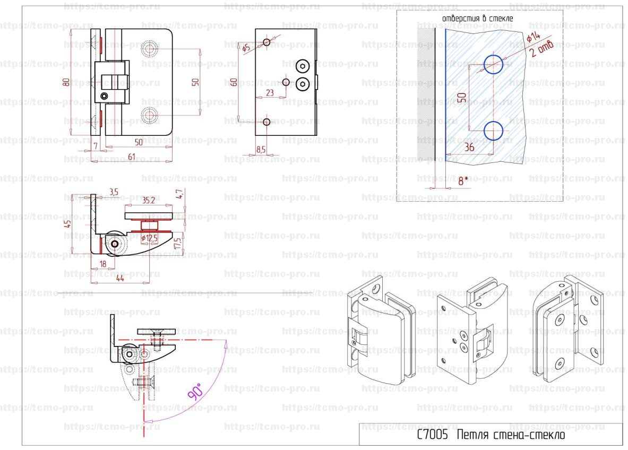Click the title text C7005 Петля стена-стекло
click(x=490, y=435)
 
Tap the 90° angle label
click(x=194, y=392)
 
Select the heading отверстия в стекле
click(x=477, y=18)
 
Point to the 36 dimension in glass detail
click(x=469, y=148)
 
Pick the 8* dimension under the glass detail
click(x=462, y=180)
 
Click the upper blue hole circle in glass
click(x=493, y=64)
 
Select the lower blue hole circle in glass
click(x=493, y=130)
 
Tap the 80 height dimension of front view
click(x=66, y=82)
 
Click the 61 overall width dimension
click(x=131, y=156)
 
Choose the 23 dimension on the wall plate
click(x=270, y=92)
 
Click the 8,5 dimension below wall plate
click(x=261, y=150)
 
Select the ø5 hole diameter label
click(x=245, y=48)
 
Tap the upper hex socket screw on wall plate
click(x=303, y=67)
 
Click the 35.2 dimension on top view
click(x=148, y=200)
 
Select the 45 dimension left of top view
click(x=67, y=223)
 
